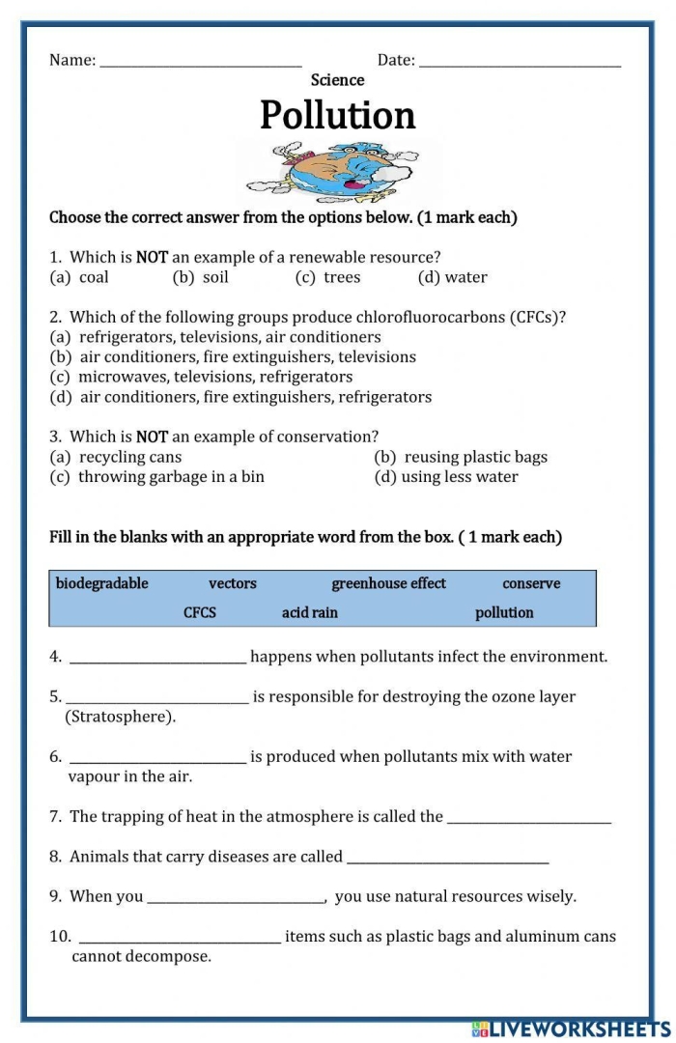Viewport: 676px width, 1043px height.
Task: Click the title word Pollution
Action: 338,115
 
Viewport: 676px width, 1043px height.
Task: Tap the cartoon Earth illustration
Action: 338,171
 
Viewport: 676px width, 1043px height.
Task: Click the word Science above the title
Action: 338,80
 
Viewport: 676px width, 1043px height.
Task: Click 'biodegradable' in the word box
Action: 102,583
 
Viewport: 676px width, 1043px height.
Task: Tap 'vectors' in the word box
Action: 233,583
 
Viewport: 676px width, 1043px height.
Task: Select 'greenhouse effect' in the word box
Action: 389,583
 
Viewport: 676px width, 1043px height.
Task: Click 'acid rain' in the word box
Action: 310,612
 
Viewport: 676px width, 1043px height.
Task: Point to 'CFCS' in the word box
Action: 200,612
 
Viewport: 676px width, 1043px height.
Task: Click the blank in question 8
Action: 447,860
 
